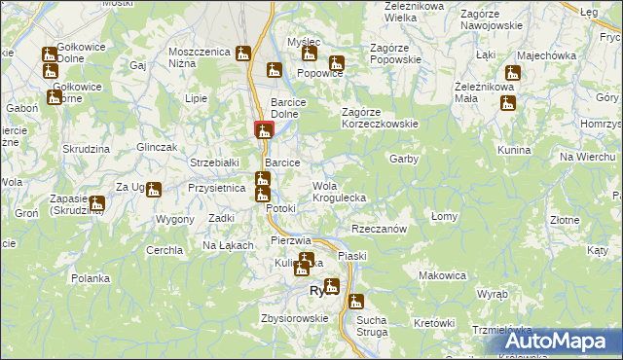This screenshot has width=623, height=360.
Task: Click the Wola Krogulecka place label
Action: tap(339, 192)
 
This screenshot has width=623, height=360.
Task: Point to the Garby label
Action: tap(404, 159)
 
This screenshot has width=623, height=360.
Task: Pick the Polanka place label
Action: tap(91, 277)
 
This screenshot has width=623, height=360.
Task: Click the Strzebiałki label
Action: tap(214, 162)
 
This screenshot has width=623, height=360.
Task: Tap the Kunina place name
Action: tap(513, 151)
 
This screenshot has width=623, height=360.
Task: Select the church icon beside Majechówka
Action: tap(512, 73)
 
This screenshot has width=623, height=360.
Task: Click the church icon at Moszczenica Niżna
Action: tap(244, 54)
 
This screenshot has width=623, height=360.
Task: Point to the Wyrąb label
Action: tap(493, 292)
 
